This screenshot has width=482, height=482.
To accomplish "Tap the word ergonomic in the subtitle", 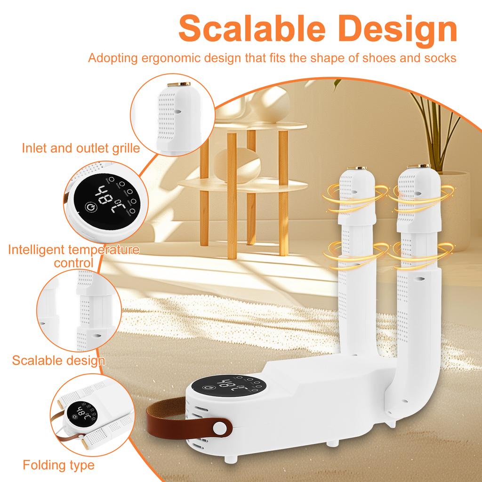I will point(180,58).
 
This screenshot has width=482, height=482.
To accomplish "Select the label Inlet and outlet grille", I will point(81,148).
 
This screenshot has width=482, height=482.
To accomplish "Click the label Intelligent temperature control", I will point(73,255).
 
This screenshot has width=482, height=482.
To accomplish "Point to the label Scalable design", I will point(58,361).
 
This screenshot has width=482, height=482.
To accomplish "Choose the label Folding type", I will point(59,466).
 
